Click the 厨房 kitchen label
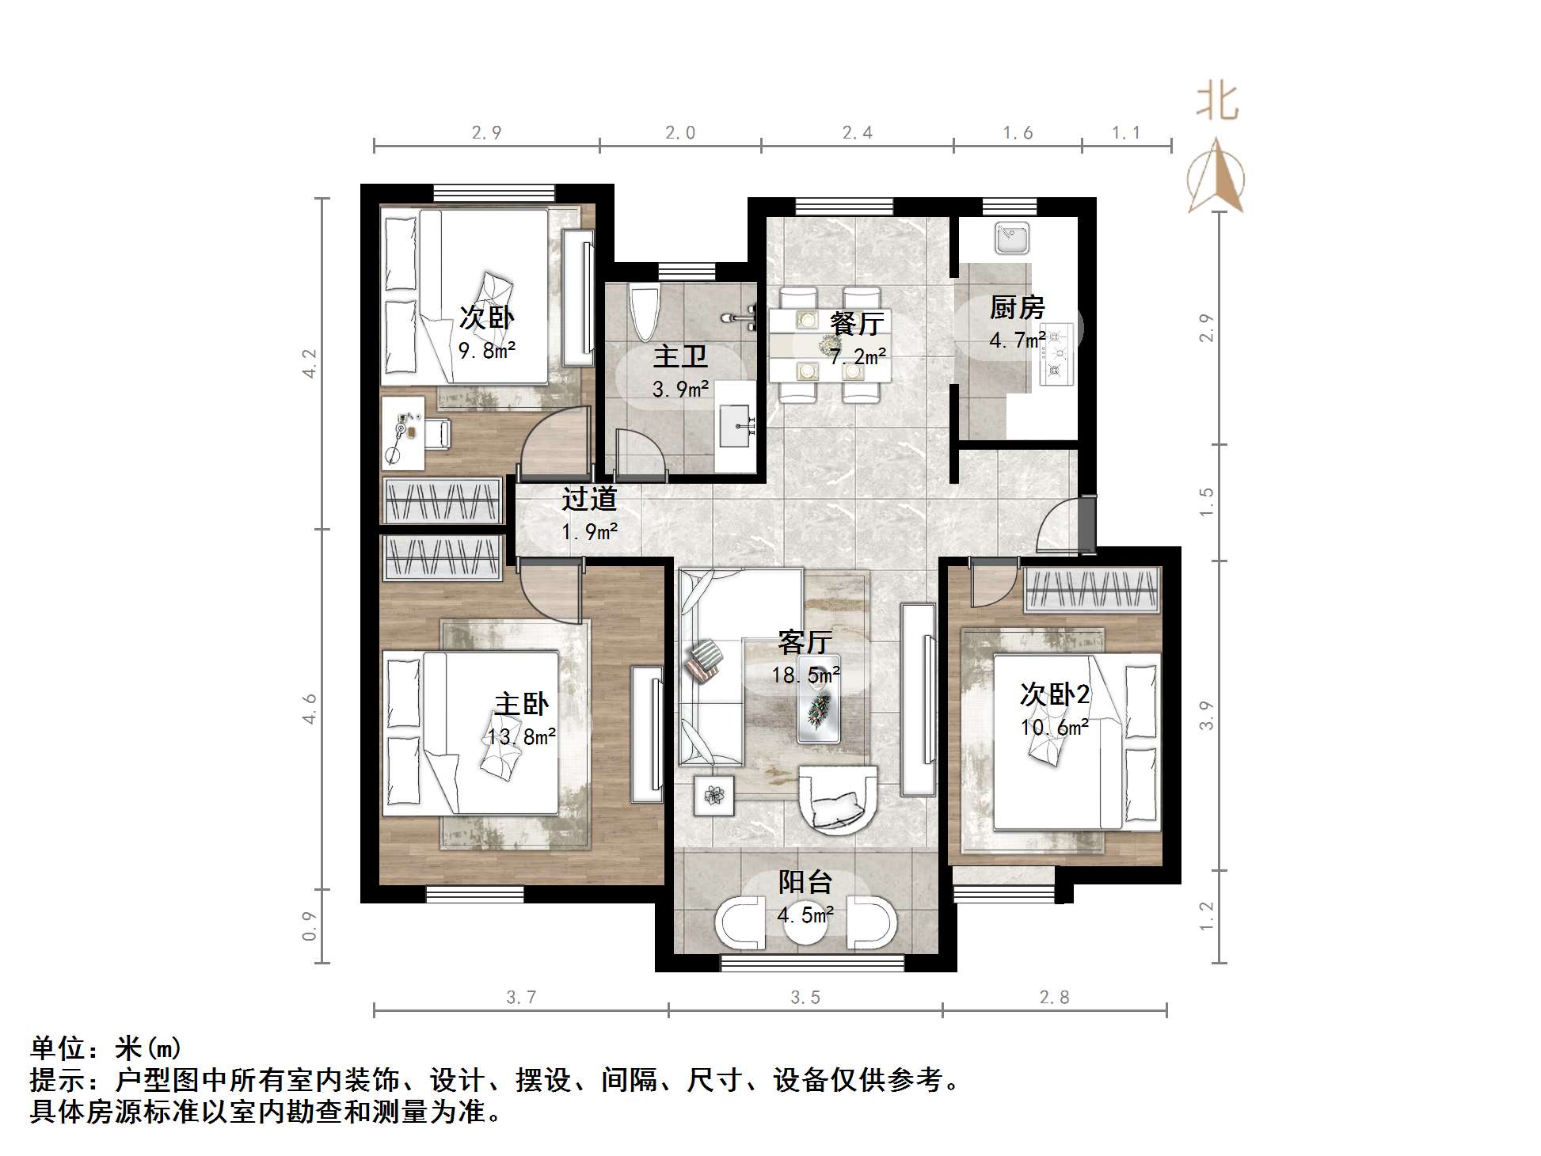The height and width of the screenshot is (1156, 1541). [1017, 307]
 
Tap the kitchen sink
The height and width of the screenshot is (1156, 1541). [1012, 238]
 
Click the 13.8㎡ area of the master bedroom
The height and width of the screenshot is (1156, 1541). [521, 737]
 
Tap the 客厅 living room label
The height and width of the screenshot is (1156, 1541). [805, 641]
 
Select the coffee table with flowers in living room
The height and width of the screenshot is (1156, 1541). [819, 699]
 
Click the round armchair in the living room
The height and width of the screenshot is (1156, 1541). [837, 800]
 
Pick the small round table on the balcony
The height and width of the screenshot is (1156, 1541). [806, 922]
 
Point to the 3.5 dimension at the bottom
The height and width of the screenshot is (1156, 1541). [805, 998]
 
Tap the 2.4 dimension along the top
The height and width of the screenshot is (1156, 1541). [857, 132]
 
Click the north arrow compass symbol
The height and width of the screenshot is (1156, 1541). [1216, 178]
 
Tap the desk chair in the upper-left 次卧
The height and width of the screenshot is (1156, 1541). [436, 432]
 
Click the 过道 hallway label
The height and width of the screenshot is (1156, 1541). [589, 499]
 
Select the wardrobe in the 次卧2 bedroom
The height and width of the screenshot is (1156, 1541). [1092, 591]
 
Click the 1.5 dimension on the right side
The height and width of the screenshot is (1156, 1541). [1206, 502]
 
